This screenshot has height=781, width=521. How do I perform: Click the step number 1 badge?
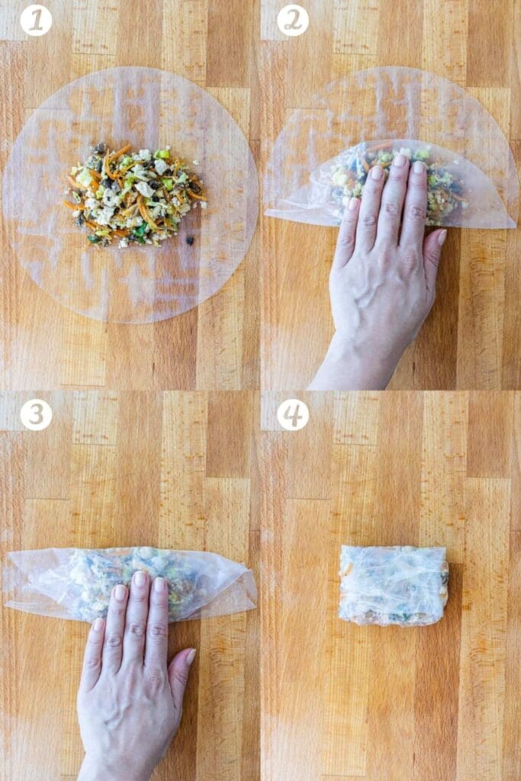(36, 21)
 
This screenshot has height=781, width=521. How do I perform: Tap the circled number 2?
(293, 21)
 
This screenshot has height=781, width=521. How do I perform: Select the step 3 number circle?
(36, 414)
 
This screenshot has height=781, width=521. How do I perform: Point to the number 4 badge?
(293, 414)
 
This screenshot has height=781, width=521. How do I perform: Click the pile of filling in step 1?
(133, 194)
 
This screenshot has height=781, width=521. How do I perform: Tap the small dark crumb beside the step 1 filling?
(190, 240)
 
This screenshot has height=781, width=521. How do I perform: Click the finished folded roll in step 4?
(393, 585)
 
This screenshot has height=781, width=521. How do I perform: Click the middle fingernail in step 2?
(399, 161)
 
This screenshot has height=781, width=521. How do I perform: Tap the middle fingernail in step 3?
(140, 579)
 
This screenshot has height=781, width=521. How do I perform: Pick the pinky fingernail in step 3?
(98, 625)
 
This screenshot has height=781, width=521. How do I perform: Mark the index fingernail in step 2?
(376, 172)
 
